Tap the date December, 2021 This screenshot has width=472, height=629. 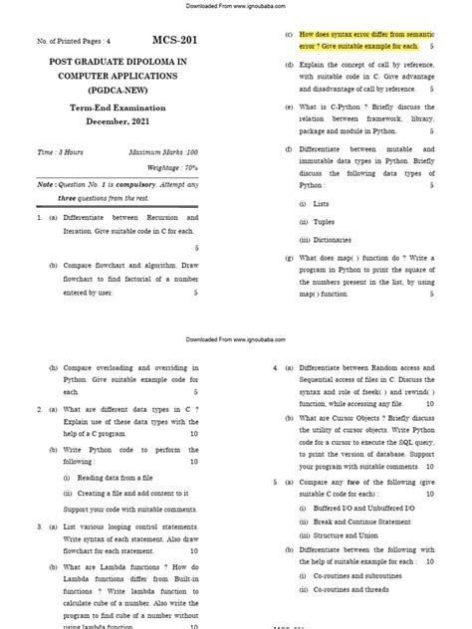[x=124, y=120]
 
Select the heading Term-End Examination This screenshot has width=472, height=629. [x=124, y=107]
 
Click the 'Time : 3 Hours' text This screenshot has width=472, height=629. [x=61, y=151]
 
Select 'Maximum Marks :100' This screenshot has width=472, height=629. [x=164, y=151]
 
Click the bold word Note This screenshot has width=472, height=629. [x=46, y=184]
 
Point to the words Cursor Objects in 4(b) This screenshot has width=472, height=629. [x=353, y=419]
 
